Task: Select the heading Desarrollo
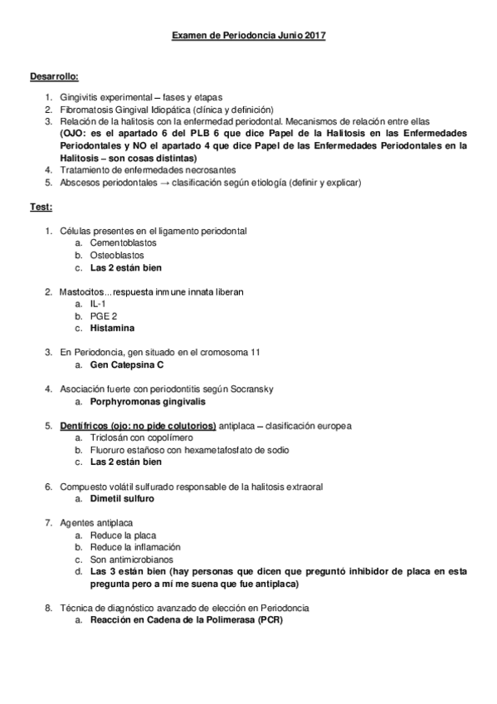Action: (54, 76)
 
